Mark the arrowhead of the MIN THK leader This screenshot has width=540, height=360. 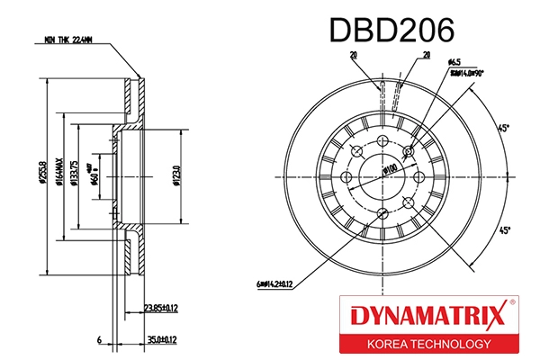(x=139, y=78)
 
